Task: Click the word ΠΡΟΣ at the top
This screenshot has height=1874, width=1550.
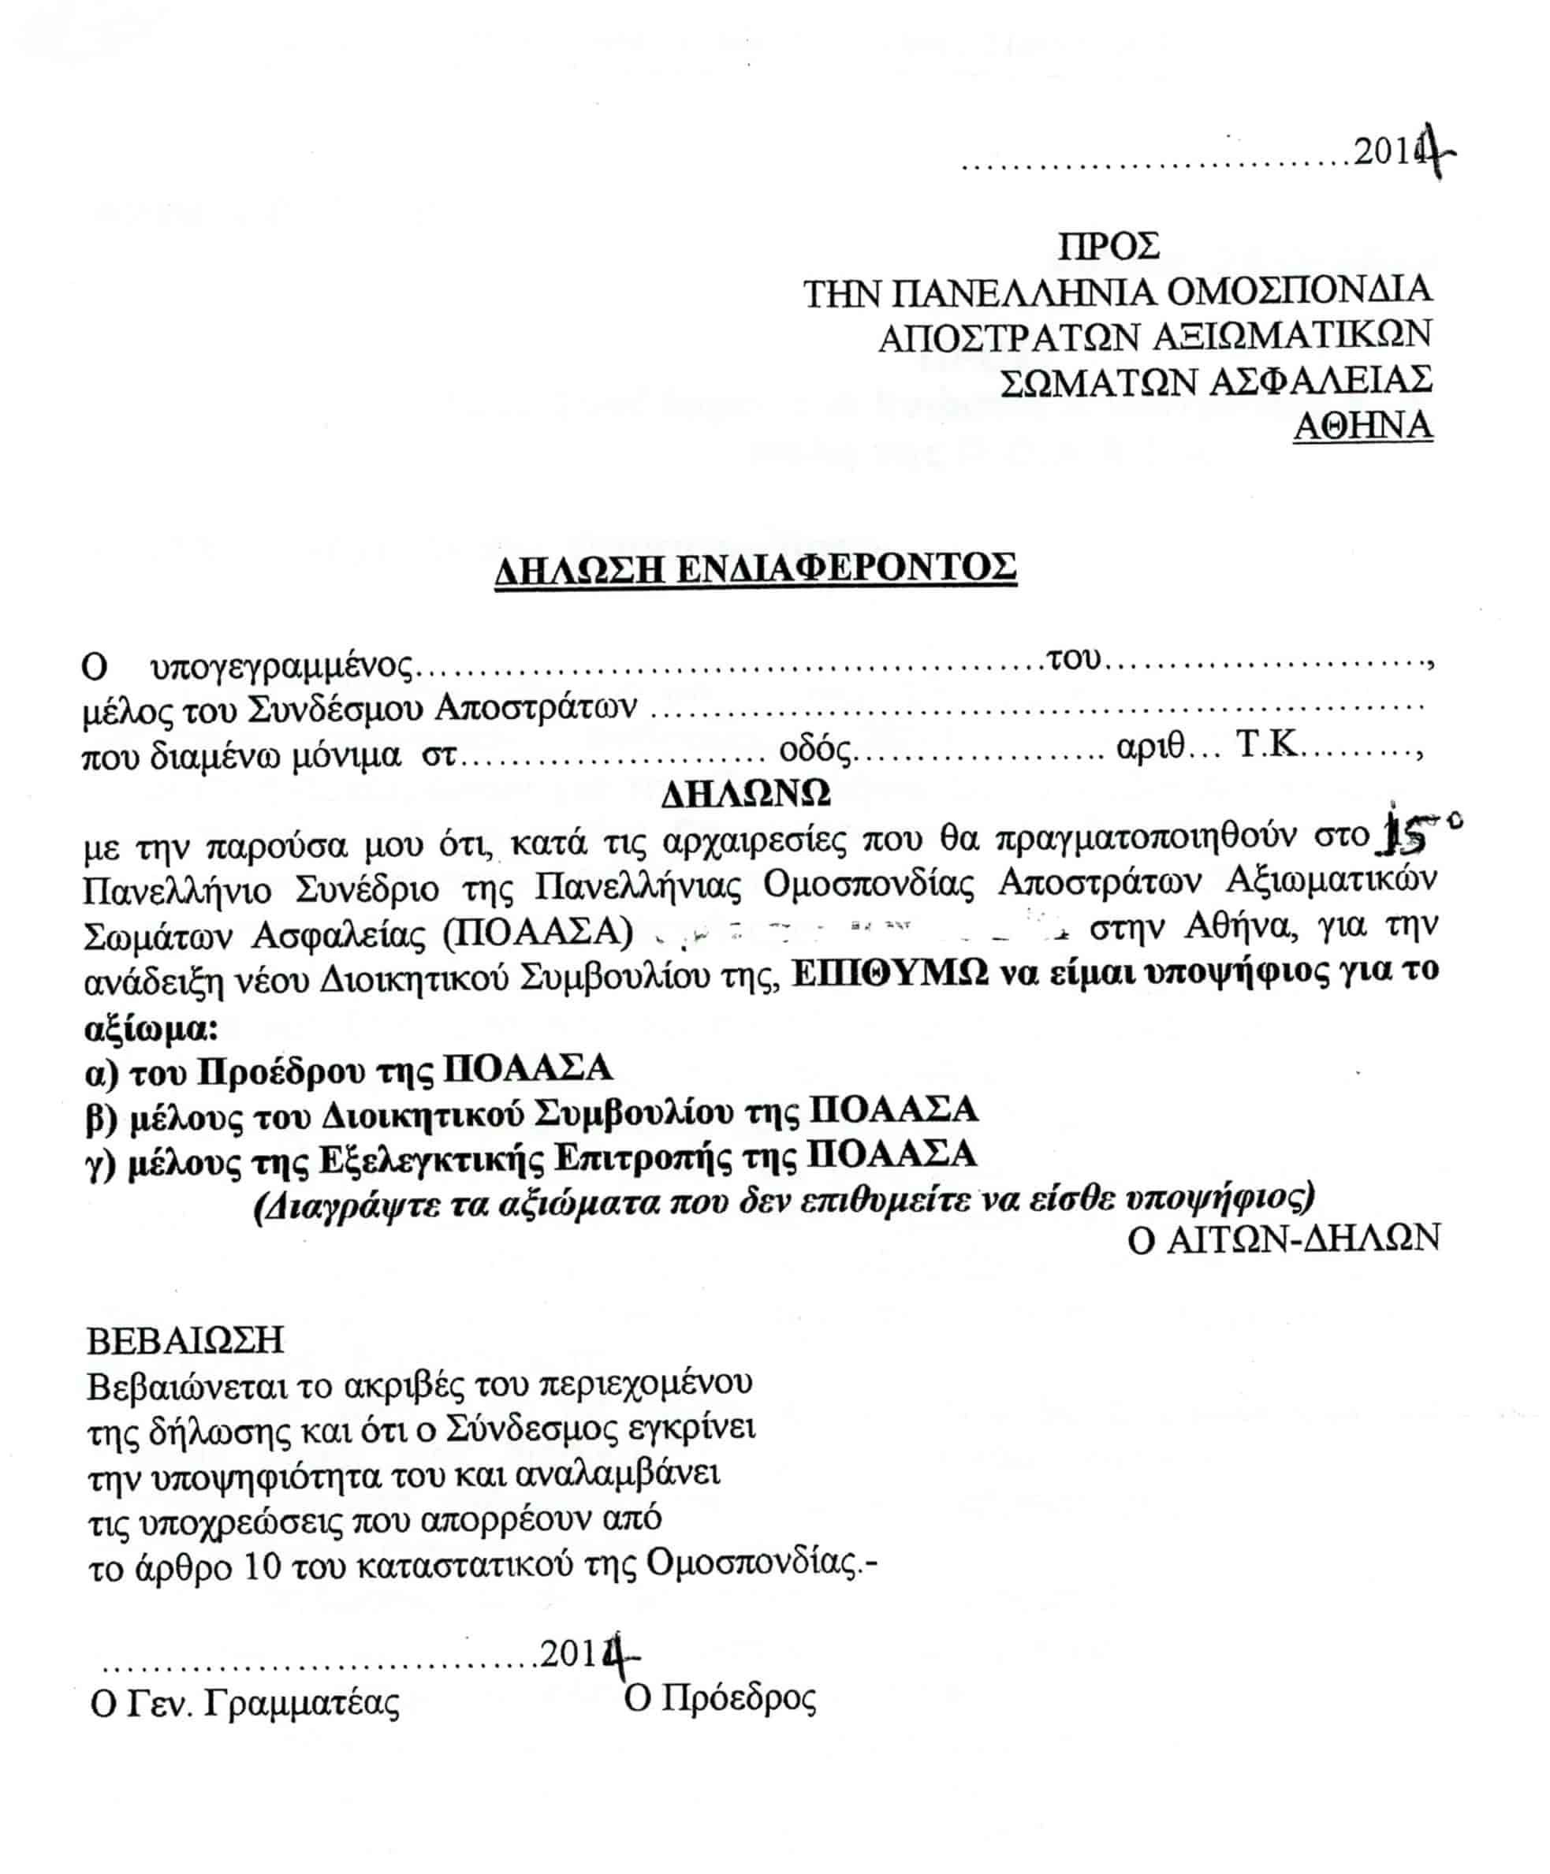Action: click(1108, 245)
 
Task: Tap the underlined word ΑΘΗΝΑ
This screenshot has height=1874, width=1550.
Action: click(1362, 426)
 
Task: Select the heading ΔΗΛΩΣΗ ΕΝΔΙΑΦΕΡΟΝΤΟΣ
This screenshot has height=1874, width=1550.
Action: click(755, 568)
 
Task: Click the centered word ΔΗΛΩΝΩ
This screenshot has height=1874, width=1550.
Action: click(746, 792)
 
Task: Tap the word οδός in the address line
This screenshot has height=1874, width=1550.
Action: click(814, 750)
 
